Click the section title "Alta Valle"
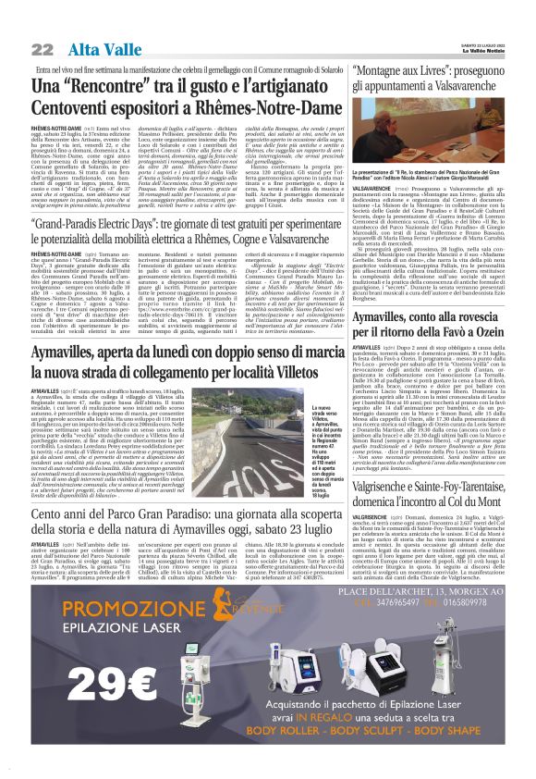[90, 48]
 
